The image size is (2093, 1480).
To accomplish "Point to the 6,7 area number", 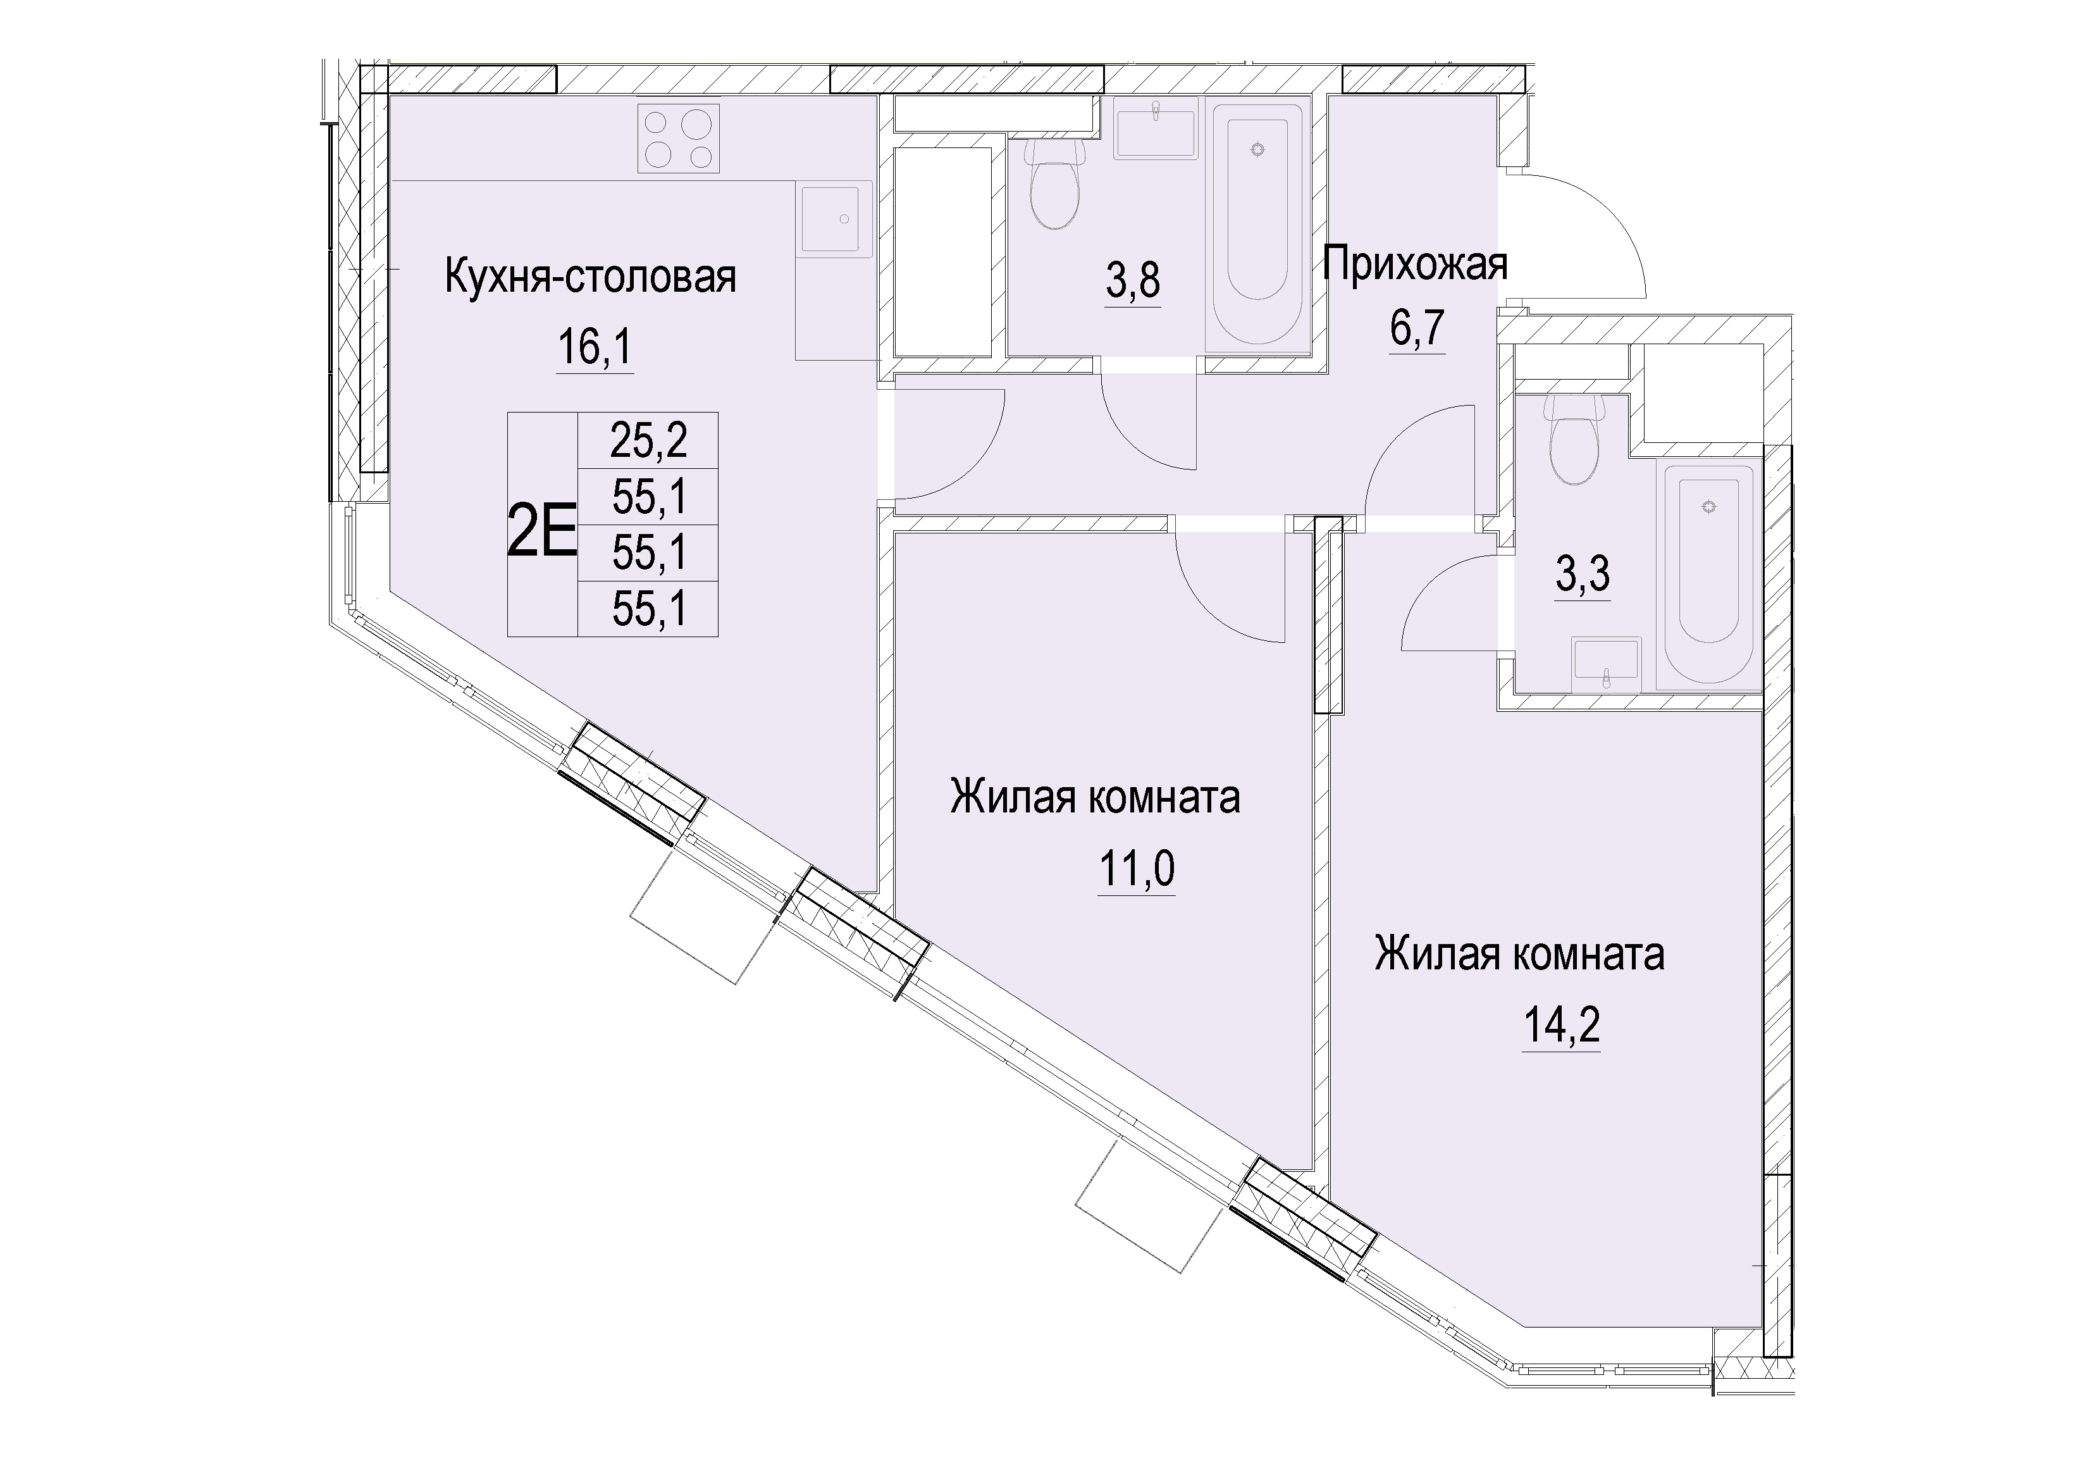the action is pos(1417,328).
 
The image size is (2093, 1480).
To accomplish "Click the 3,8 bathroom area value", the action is pos(1133,281).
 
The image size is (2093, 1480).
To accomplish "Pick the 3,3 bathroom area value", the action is pos(1583,575).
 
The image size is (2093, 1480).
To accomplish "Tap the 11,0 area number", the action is pos(1137,870).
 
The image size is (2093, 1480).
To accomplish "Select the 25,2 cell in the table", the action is pos(649,442).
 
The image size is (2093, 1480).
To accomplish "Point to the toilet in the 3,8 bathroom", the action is pos(1054,182).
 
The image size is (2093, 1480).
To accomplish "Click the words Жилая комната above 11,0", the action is pos(1095,798).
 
